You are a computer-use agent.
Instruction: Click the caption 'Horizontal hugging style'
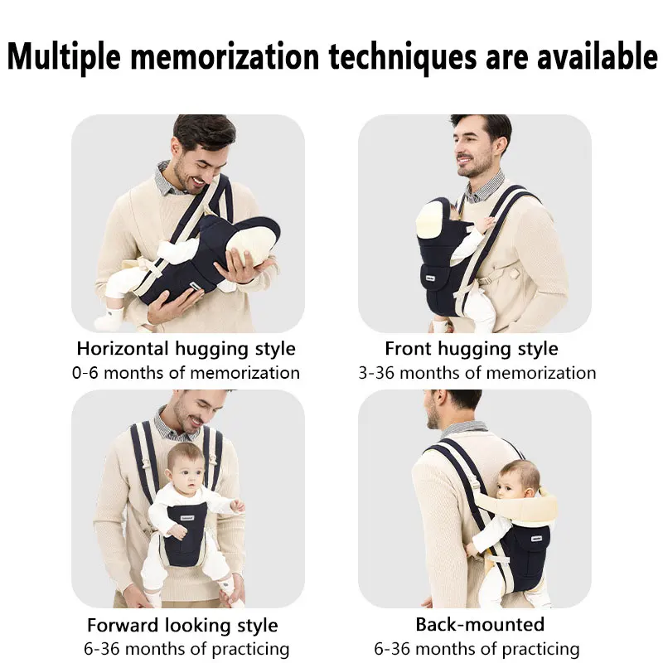click(x=186, y=350)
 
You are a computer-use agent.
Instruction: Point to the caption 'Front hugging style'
click(x=472, y=350)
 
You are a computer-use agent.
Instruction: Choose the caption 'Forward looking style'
click(x=182, y=626)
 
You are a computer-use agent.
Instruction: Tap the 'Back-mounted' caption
click(x=480, y=625)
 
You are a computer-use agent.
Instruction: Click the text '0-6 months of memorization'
click(x=186, y=373)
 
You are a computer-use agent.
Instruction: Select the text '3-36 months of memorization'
click(x=477, y=373)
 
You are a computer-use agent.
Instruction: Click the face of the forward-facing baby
click(x=186, y=472)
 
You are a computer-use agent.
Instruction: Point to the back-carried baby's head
click(x=517, y=479)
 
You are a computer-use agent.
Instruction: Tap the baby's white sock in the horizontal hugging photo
click(x=109, y=317)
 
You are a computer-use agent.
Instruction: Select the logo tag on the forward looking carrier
click(x=187, y=518)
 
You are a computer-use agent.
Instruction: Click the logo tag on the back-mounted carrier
click(x=536, y=538)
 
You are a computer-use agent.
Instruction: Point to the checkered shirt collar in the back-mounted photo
click(x=464, y=428)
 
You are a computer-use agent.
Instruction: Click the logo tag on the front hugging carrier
click(x=430, y=279)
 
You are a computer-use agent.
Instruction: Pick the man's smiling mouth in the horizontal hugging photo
click(x=199, y=181)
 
